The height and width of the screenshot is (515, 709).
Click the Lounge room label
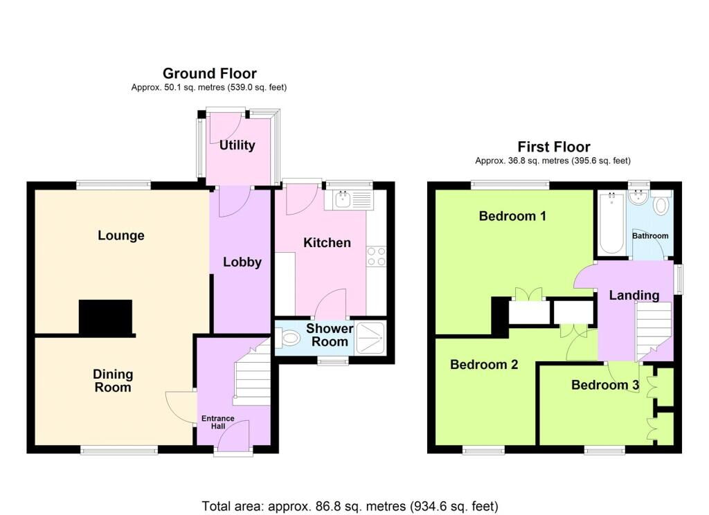pos(121,235)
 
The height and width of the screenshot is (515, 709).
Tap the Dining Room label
pos(113,381)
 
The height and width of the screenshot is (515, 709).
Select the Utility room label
pos(237,145)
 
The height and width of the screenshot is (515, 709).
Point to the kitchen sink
pos(343,199)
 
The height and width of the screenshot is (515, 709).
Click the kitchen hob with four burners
pos(377,256)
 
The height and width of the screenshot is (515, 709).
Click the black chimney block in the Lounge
pos(106,317)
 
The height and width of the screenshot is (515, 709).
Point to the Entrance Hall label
pos(218,422)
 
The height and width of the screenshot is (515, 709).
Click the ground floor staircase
pos(252,372)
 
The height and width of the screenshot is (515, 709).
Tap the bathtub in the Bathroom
pos(612,223)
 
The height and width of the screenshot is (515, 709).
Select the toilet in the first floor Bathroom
pos(662,203)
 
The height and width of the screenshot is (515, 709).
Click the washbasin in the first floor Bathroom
pos(639,197)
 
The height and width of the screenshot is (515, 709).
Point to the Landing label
pos(634,296)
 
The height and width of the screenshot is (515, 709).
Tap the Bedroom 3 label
pos(605,385)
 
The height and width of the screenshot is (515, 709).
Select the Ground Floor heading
pos(209,73)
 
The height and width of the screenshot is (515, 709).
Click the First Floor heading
pos(554,147)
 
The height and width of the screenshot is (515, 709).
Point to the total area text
pos(350,506)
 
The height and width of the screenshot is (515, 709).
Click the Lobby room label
pos(242,262)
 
